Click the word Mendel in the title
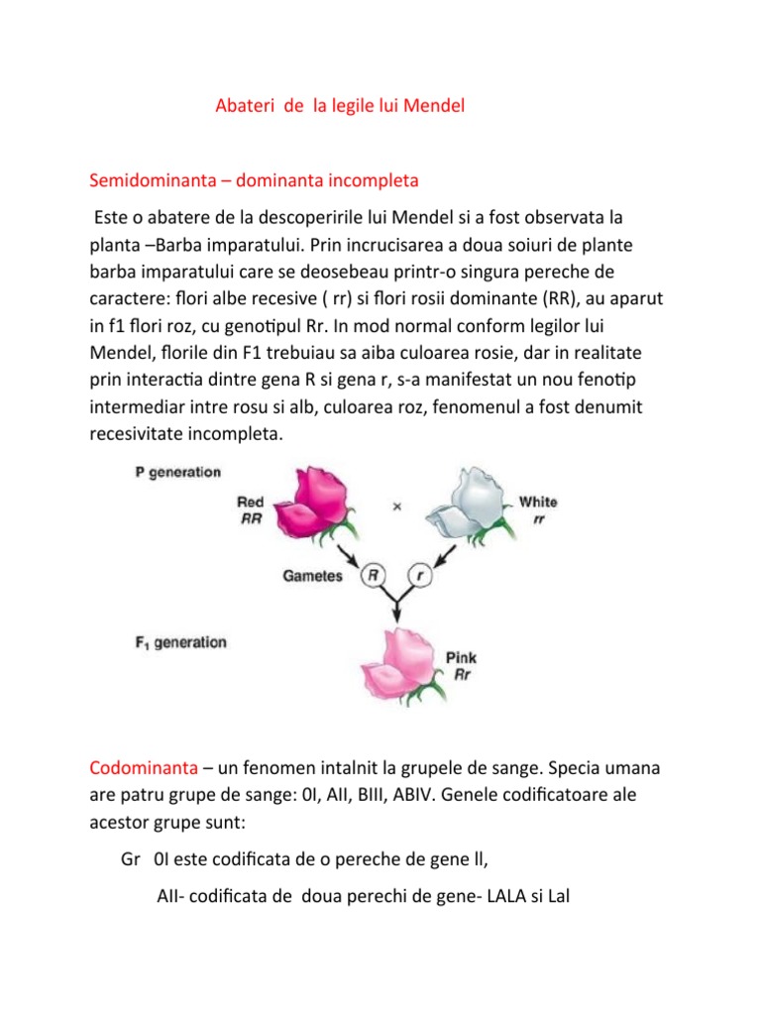coord(428,106)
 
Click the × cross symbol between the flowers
coord(396,507)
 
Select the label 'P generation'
coord(177,472)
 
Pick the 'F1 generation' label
coord(180,642)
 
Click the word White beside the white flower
coord(538,502)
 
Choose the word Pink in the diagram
coord(462,657)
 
